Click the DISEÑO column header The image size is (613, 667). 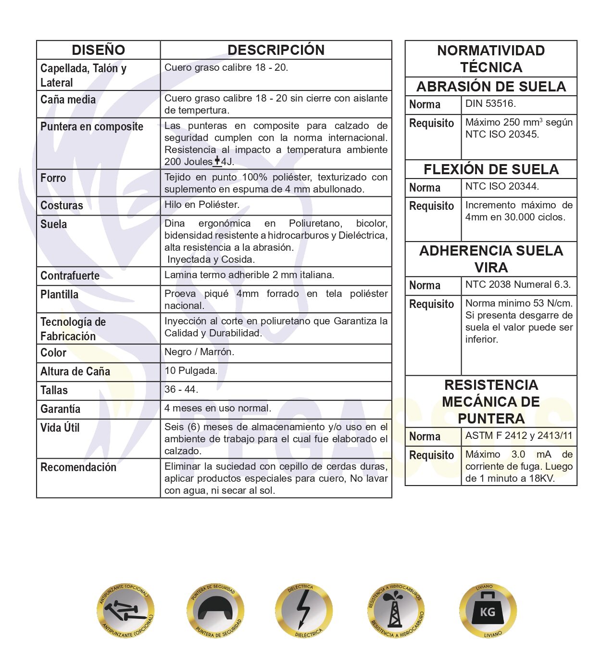[x=98, y=50]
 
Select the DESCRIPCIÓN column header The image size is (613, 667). [x=275, y=50]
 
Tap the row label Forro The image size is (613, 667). [x=53, y=178]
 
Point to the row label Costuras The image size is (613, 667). [x=62, y=205]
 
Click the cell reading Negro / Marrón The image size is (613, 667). [x=199, y=352]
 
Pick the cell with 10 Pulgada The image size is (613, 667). [x=191, y=371]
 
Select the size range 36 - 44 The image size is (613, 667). [x=181, y=389]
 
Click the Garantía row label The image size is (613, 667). [x=60, y=409]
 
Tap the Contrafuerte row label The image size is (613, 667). [x=70, y=276]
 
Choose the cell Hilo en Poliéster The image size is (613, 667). [x=202, y=205]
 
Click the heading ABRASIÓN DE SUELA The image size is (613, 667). [x=491, y=87]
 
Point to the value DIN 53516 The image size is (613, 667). [x=490, y=103]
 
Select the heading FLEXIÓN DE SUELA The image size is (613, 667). [x=491, y=169]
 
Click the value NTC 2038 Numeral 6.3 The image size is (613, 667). [x=518, y=284]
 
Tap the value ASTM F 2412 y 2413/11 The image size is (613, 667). [x=519, y=436]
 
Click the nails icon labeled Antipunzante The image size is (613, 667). [x=125, y=611]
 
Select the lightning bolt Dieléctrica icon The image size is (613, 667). [x=304, y=611]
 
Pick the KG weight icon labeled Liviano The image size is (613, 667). [x=488, y=611]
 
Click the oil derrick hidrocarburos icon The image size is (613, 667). [x=396, y=611]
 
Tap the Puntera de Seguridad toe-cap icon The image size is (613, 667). [x=215, y=611]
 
